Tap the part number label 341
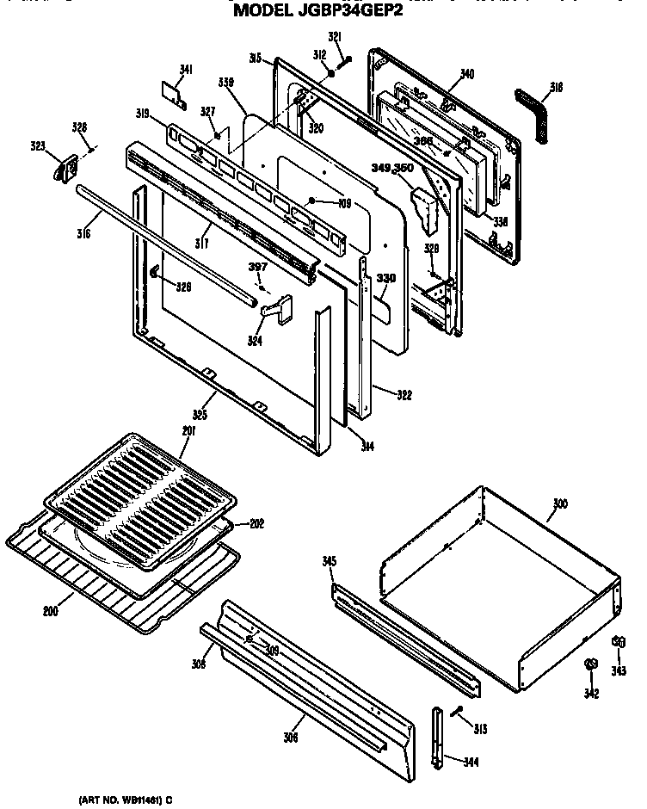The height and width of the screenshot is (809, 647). click(x=186, y=70)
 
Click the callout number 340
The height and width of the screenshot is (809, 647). click(x=467, y=74)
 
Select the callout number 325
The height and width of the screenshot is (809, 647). click(x=200, y=415)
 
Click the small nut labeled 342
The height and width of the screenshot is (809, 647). click(x=590, y=665)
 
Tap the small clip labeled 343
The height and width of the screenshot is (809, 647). click(x=618, y=642)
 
